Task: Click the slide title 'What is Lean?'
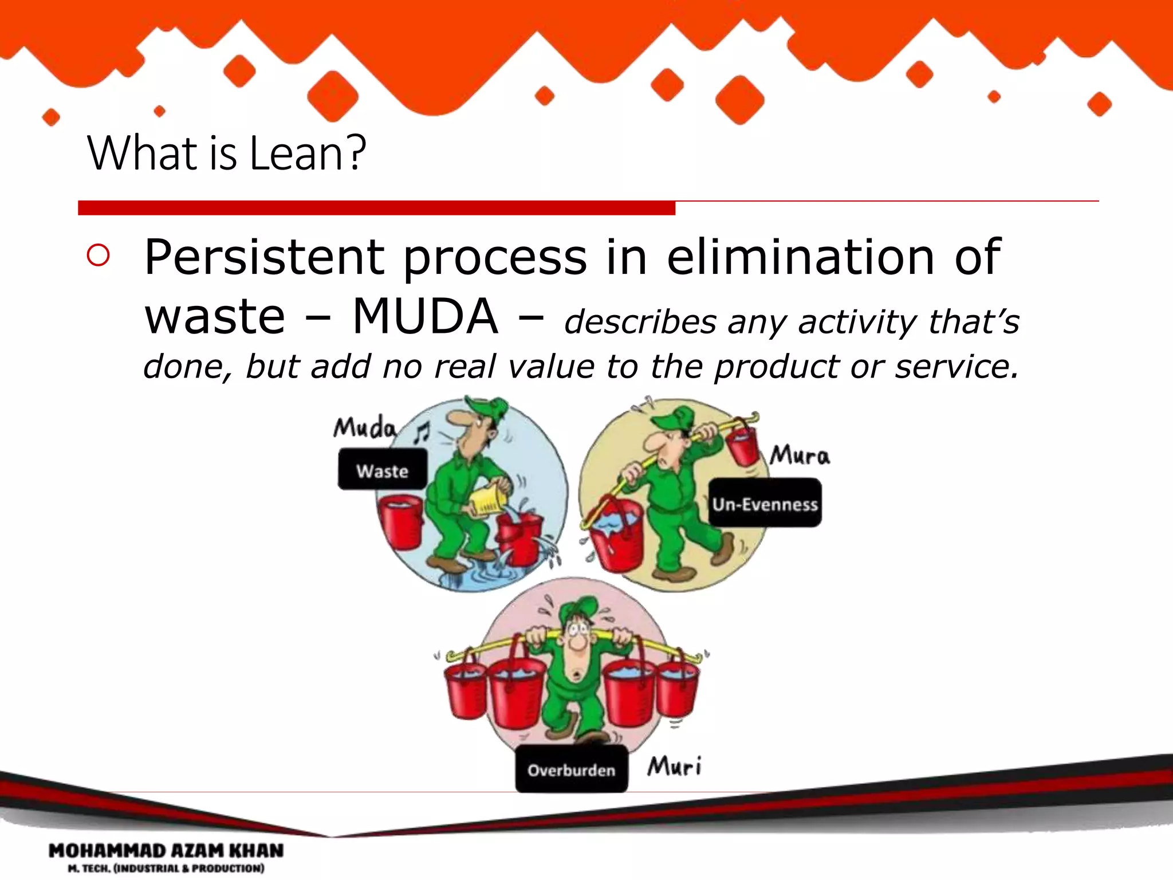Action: pos(226,153)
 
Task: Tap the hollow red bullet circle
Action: pos(99,256)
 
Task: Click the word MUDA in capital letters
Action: pos(424,317)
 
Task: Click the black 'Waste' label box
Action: pos(382,470)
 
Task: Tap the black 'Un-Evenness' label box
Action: pos(765,504)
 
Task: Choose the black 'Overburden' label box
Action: pos(571,769)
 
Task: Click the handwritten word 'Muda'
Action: pos(364,427)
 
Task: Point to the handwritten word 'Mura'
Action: pos(799,455)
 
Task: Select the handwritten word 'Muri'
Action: pos(674,766)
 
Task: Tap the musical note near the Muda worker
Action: pos(423,433)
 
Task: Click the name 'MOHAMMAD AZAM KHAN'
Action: pos(166,851)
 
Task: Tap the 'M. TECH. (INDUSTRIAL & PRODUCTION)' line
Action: pos(166,869)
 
